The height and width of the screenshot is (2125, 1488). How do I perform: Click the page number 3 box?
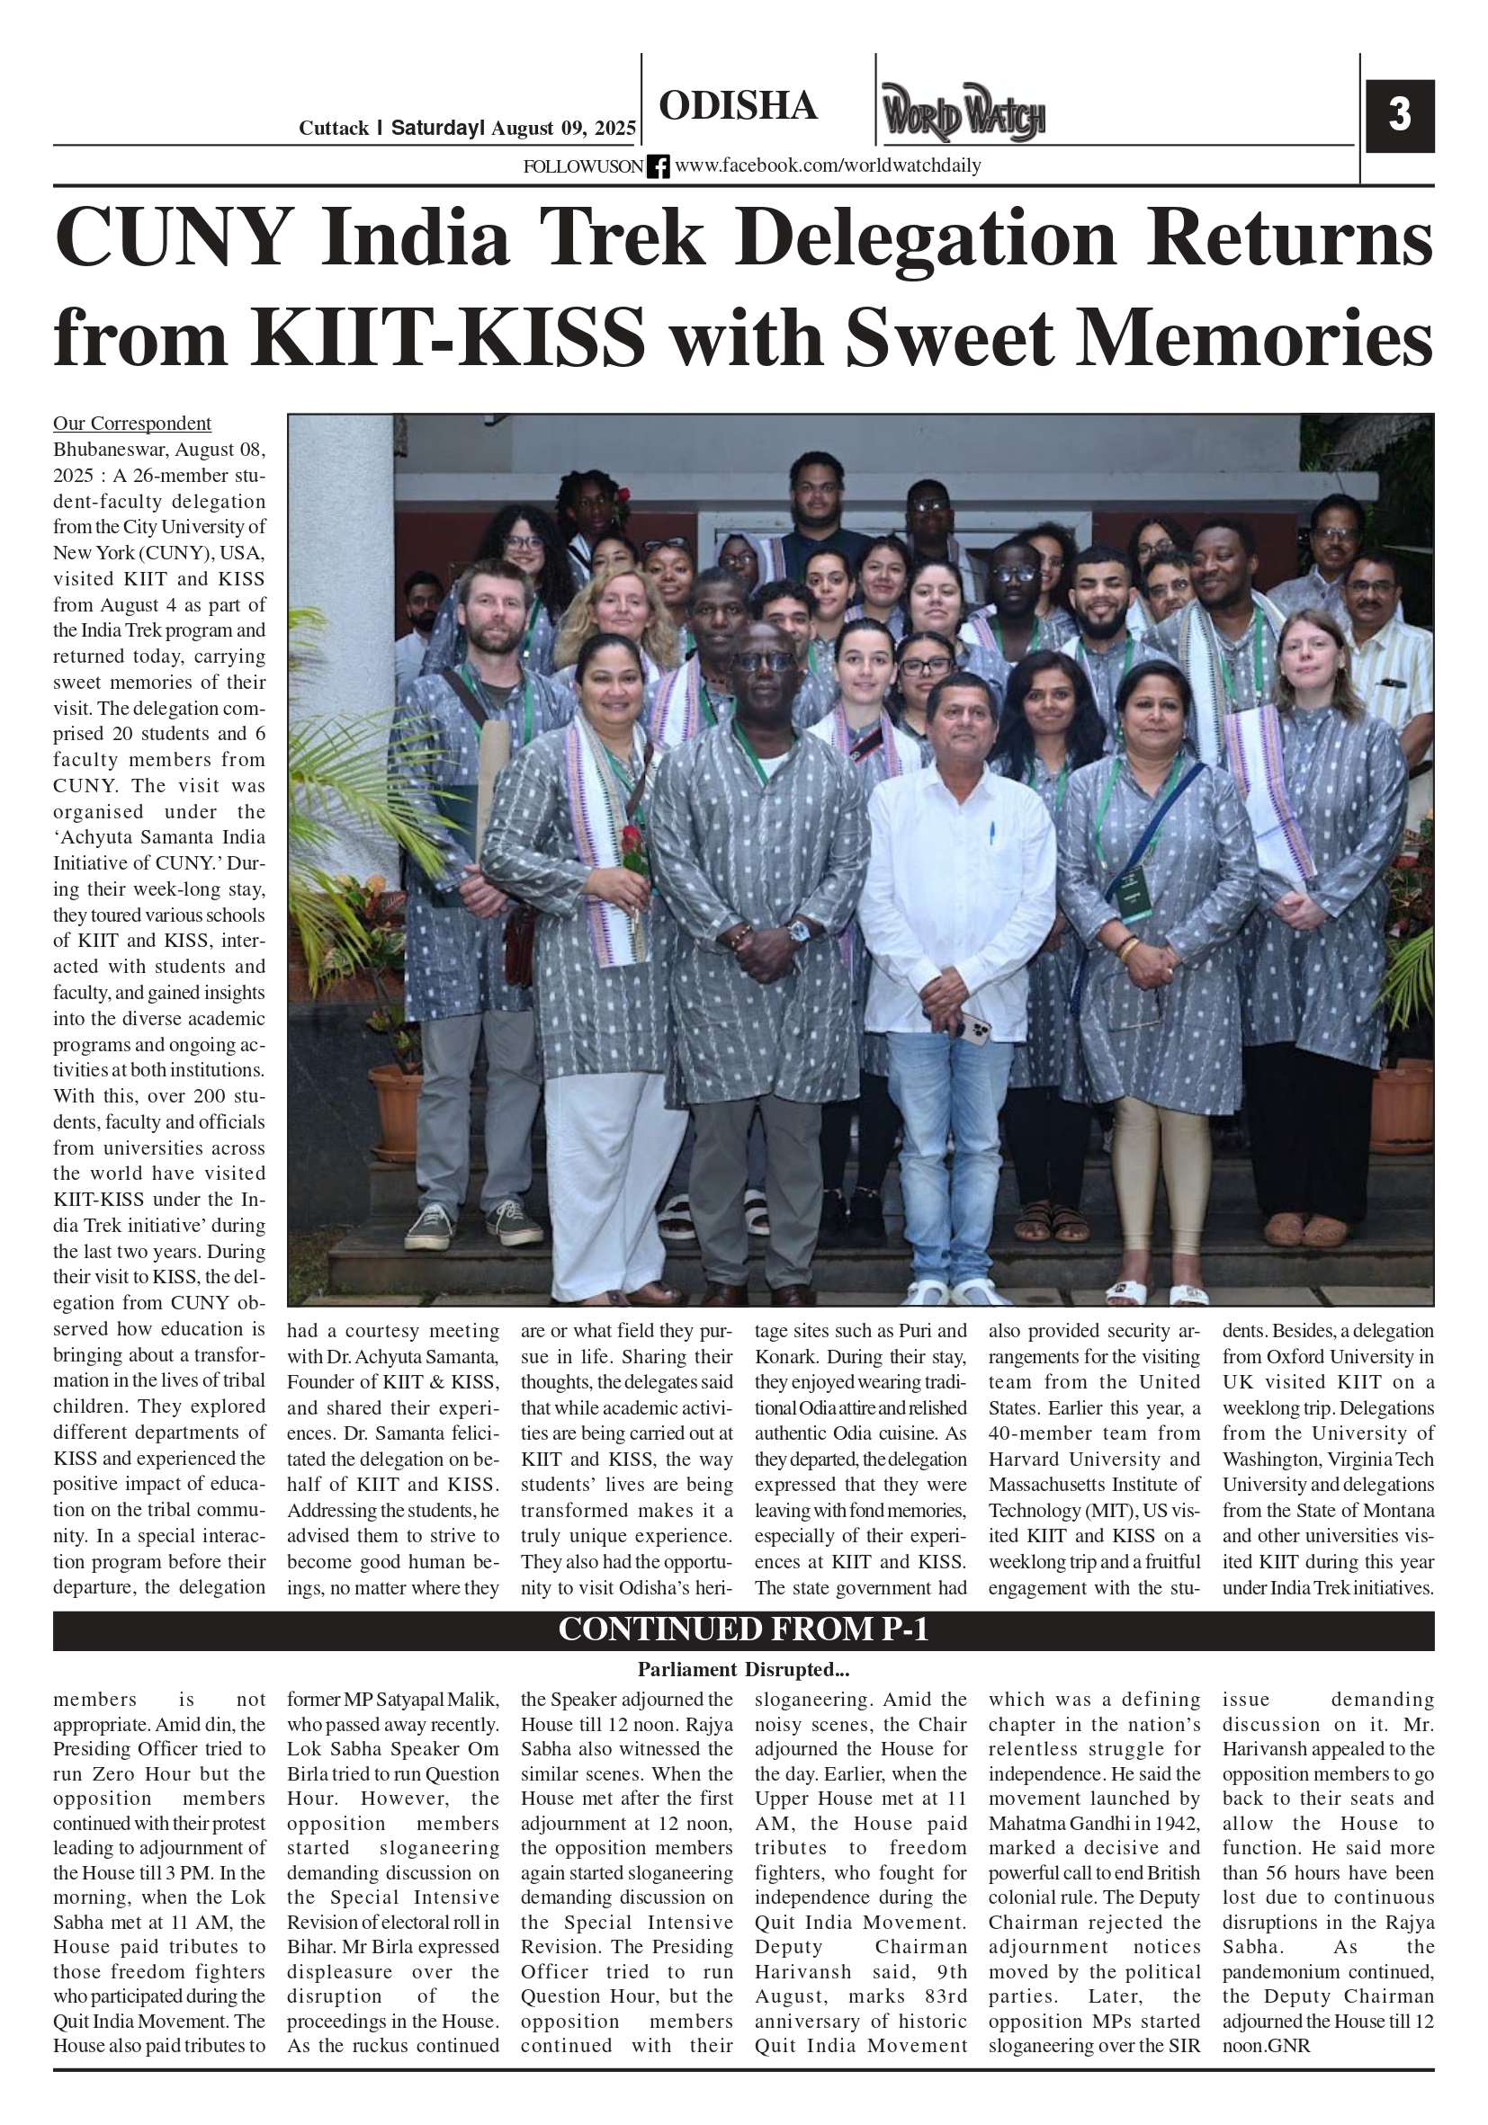click(x=1399, y=116)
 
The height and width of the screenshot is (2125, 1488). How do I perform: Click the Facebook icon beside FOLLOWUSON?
click(x=658, y=166)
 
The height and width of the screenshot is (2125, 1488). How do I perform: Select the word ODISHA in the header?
click(x=738, y=106)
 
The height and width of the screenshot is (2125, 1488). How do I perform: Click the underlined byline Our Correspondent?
click(x=131, y=424)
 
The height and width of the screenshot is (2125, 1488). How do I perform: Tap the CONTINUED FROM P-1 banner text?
click(x=742, y=1629)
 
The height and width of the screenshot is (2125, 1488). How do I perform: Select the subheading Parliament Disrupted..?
click(x=742, y=1670)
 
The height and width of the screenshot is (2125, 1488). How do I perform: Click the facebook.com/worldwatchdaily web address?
click(x=827, y=166)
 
